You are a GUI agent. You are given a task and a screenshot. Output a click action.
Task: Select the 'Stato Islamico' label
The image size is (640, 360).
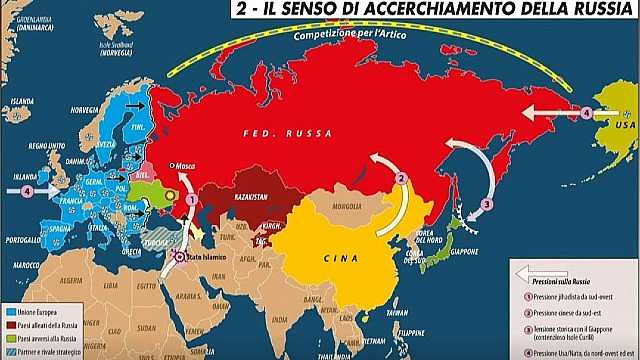[x=202, y=260]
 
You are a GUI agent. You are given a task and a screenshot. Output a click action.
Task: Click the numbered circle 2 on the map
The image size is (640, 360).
[x=400, y=179]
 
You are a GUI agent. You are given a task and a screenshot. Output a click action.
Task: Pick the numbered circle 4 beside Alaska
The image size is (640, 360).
[x=587, y=112]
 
